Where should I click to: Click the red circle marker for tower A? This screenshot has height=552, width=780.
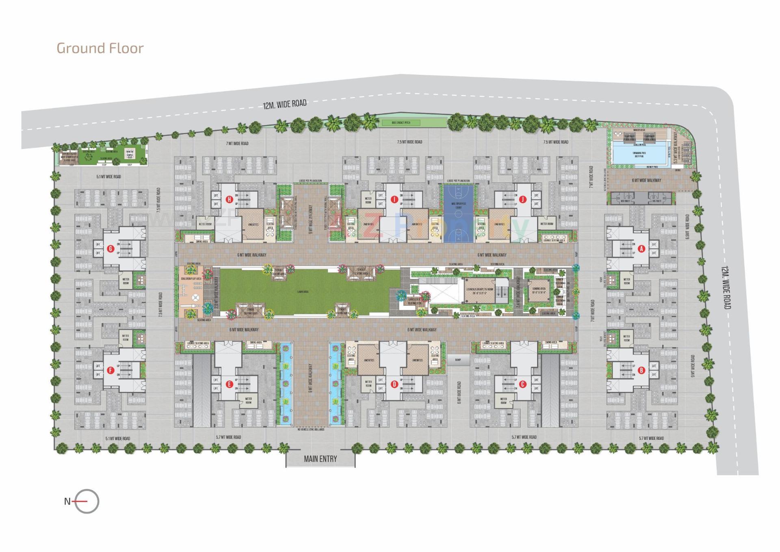coord(641,249)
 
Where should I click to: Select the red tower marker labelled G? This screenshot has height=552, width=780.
coord(110,249)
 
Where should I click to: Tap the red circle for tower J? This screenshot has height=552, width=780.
coord(523,199)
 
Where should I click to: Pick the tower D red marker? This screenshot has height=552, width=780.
coord(394,384)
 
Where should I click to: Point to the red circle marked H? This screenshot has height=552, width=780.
coord(230,199)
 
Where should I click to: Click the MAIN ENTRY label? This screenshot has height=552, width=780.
coord(321,459)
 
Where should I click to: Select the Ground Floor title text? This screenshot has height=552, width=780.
coord(100,48)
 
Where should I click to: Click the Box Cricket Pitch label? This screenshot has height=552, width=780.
coord(401,122)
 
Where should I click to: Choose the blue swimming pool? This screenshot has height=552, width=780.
coord(639,154)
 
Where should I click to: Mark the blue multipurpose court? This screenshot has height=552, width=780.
coord(459,213)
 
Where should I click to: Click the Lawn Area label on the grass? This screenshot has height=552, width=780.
coord(302,291)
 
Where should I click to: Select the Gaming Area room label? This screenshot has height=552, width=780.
coord(539,290)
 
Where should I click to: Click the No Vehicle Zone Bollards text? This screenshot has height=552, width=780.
coord(311,430)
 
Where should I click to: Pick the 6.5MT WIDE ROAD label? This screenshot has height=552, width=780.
coord(687,227)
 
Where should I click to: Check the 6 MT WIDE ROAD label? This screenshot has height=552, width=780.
coord(459,392)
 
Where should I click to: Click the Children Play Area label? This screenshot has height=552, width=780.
coord(191,279)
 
